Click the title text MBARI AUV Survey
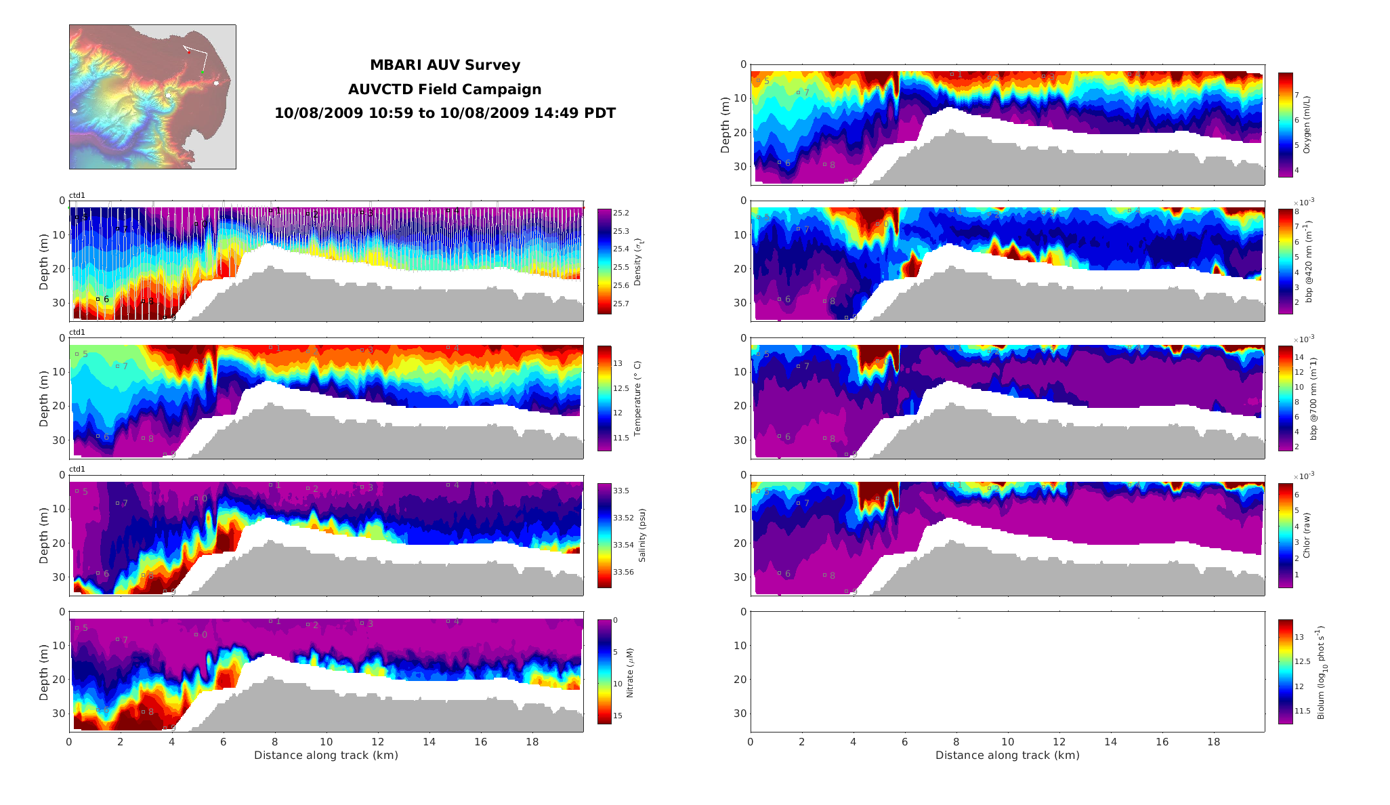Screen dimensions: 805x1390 (444, 66)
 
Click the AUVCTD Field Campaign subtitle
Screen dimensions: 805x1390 (444, 89)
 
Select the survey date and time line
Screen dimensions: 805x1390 (444, 113)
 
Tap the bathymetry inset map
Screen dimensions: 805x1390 (152, 97)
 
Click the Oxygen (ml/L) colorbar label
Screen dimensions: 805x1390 (1307, 125)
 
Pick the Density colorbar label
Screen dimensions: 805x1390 (637, 262)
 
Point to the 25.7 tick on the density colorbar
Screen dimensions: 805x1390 (621, 304)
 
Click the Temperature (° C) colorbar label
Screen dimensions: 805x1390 (637, 398)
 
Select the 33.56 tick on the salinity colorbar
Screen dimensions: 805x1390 (623, 572)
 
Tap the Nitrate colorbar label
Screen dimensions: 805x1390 (630, 672)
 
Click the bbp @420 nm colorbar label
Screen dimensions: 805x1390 (1309, 262)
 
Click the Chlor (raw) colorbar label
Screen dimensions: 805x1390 (1307, 535)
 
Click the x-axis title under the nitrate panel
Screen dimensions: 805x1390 (326, 756)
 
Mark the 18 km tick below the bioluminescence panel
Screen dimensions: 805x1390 (1213, 742)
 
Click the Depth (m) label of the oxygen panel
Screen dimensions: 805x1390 (725, 125)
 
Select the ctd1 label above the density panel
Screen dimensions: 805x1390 (77, 196)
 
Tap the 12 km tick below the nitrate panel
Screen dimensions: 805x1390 (378, 742)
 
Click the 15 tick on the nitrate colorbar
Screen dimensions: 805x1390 (618, 716)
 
